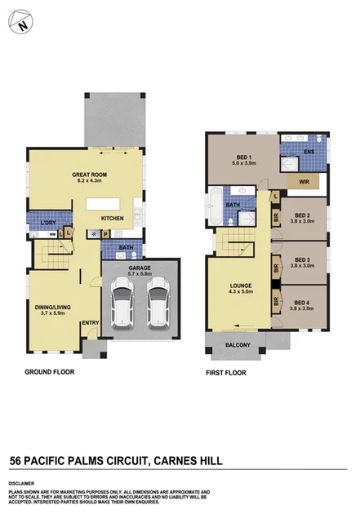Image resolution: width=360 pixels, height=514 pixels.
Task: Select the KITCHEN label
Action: coord(113,218)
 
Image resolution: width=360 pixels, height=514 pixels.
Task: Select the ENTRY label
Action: coord(90,323)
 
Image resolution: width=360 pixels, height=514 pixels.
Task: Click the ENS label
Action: coord(309,152)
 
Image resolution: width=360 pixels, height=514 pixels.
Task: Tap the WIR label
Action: coord(304,182)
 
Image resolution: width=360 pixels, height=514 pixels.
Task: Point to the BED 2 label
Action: coord(304,215)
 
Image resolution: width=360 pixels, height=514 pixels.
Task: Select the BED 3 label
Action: coord(304,259)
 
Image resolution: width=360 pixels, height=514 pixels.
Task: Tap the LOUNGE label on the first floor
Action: coord(240,286)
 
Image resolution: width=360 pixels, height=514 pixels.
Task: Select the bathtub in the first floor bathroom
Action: coord(214,209)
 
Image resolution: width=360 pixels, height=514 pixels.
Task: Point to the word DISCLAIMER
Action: coord(24,482)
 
